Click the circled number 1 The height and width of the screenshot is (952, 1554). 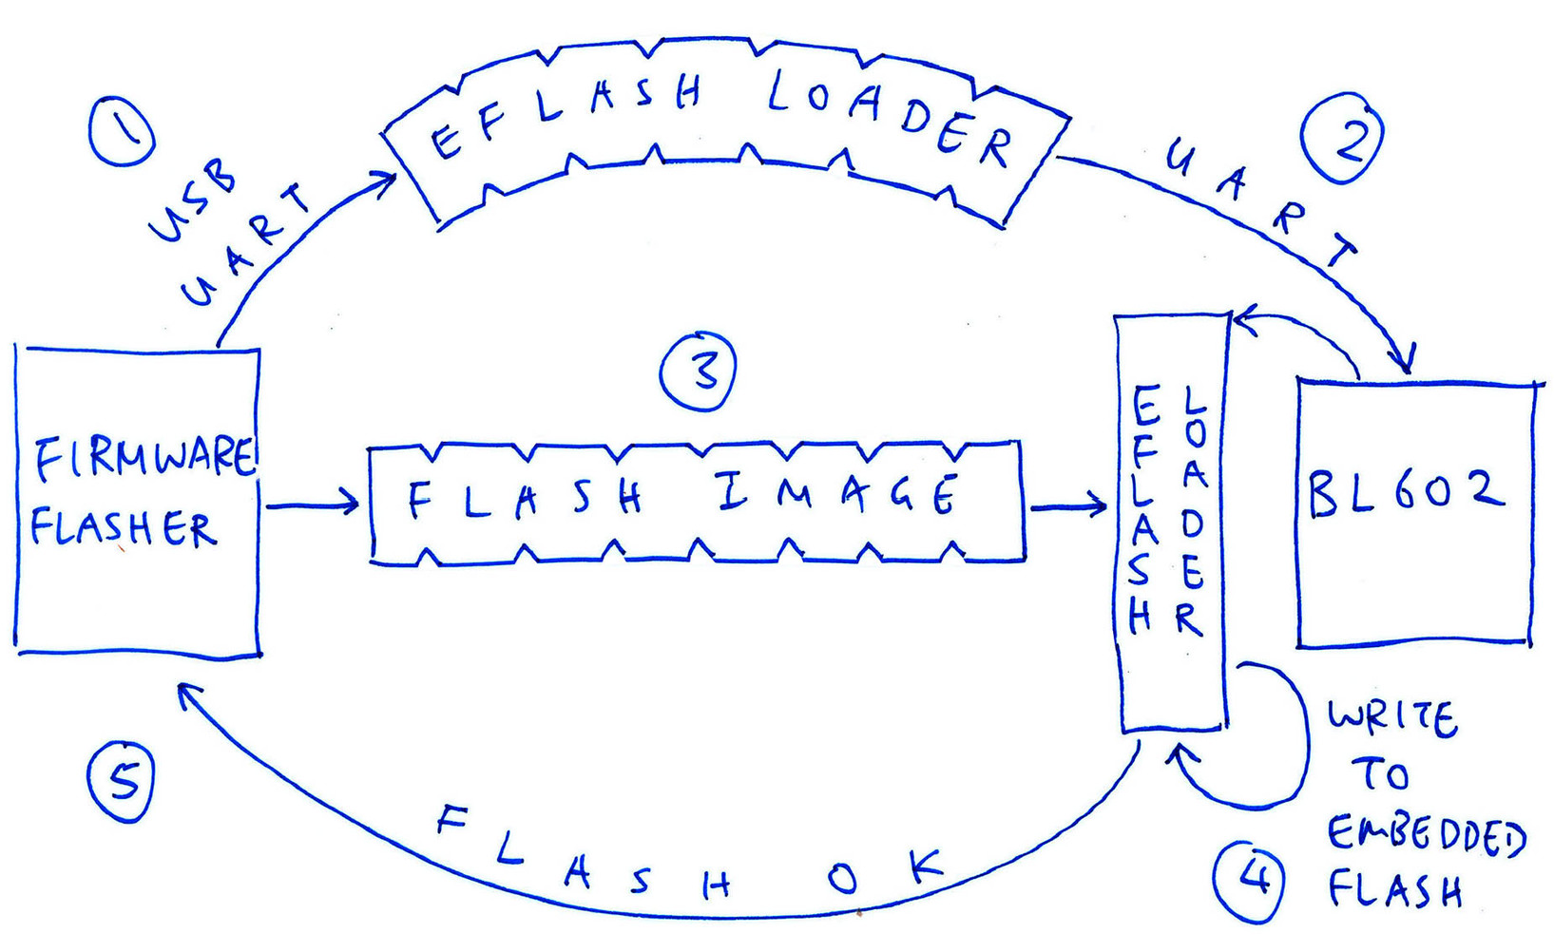[x=121, y=130]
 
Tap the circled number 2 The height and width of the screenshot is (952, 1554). [x=1343, y=139]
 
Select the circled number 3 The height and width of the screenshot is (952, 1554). [x=699, y=371]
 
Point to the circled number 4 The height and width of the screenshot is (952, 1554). [x=1249, y=881]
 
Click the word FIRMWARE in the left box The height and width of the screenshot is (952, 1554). [x=144, y=458]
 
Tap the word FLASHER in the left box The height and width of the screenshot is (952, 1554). [x=124, y=527]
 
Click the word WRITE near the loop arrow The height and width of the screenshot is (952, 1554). [x=1392, y=718]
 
